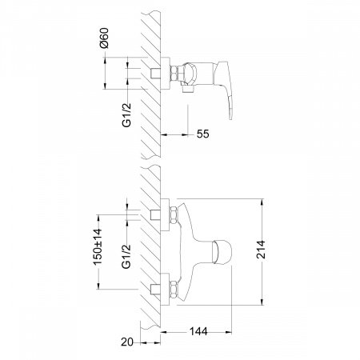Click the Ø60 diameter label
(x=104, y=38)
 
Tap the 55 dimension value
(x=203, y=134)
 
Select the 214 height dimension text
(x=261, y=250)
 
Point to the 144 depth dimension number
(x=198, y=331)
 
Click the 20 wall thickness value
(x=127, y=342)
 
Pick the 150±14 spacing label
(x=98, y=246)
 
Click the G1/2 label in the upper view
(x=127, y=115)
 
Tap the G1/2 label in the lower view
(x=126, y=257)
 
